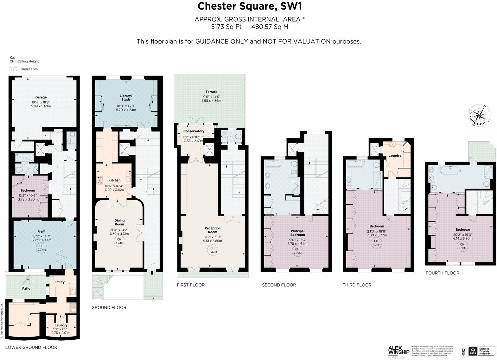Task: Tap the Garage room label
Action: click(x=41, y=97)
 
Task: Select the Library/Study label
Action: click(x=126, y=97)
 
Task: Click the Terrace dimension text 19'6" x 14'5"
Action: click(x=211, y=97)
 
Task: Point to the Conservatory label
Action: click(x=194, y=131)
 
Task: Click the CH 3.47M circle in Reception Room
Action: click(x=213, y=250)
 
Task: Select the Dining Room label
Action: click(x=119, y=222)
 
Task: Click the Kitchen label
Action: click(x=114, y=180)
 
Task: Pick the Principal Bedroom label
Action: click(x=297, y=233)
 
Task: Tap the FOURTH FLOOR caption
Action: click(x=442, y=273)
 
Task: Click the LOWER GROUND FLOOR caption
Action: click(x=31, y=347)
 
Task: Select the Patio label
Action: click(x=26, y=288)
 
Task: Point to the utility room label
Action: click(x=60, y=282)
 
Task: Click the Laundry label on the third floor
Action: click(x=395, y=155)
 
